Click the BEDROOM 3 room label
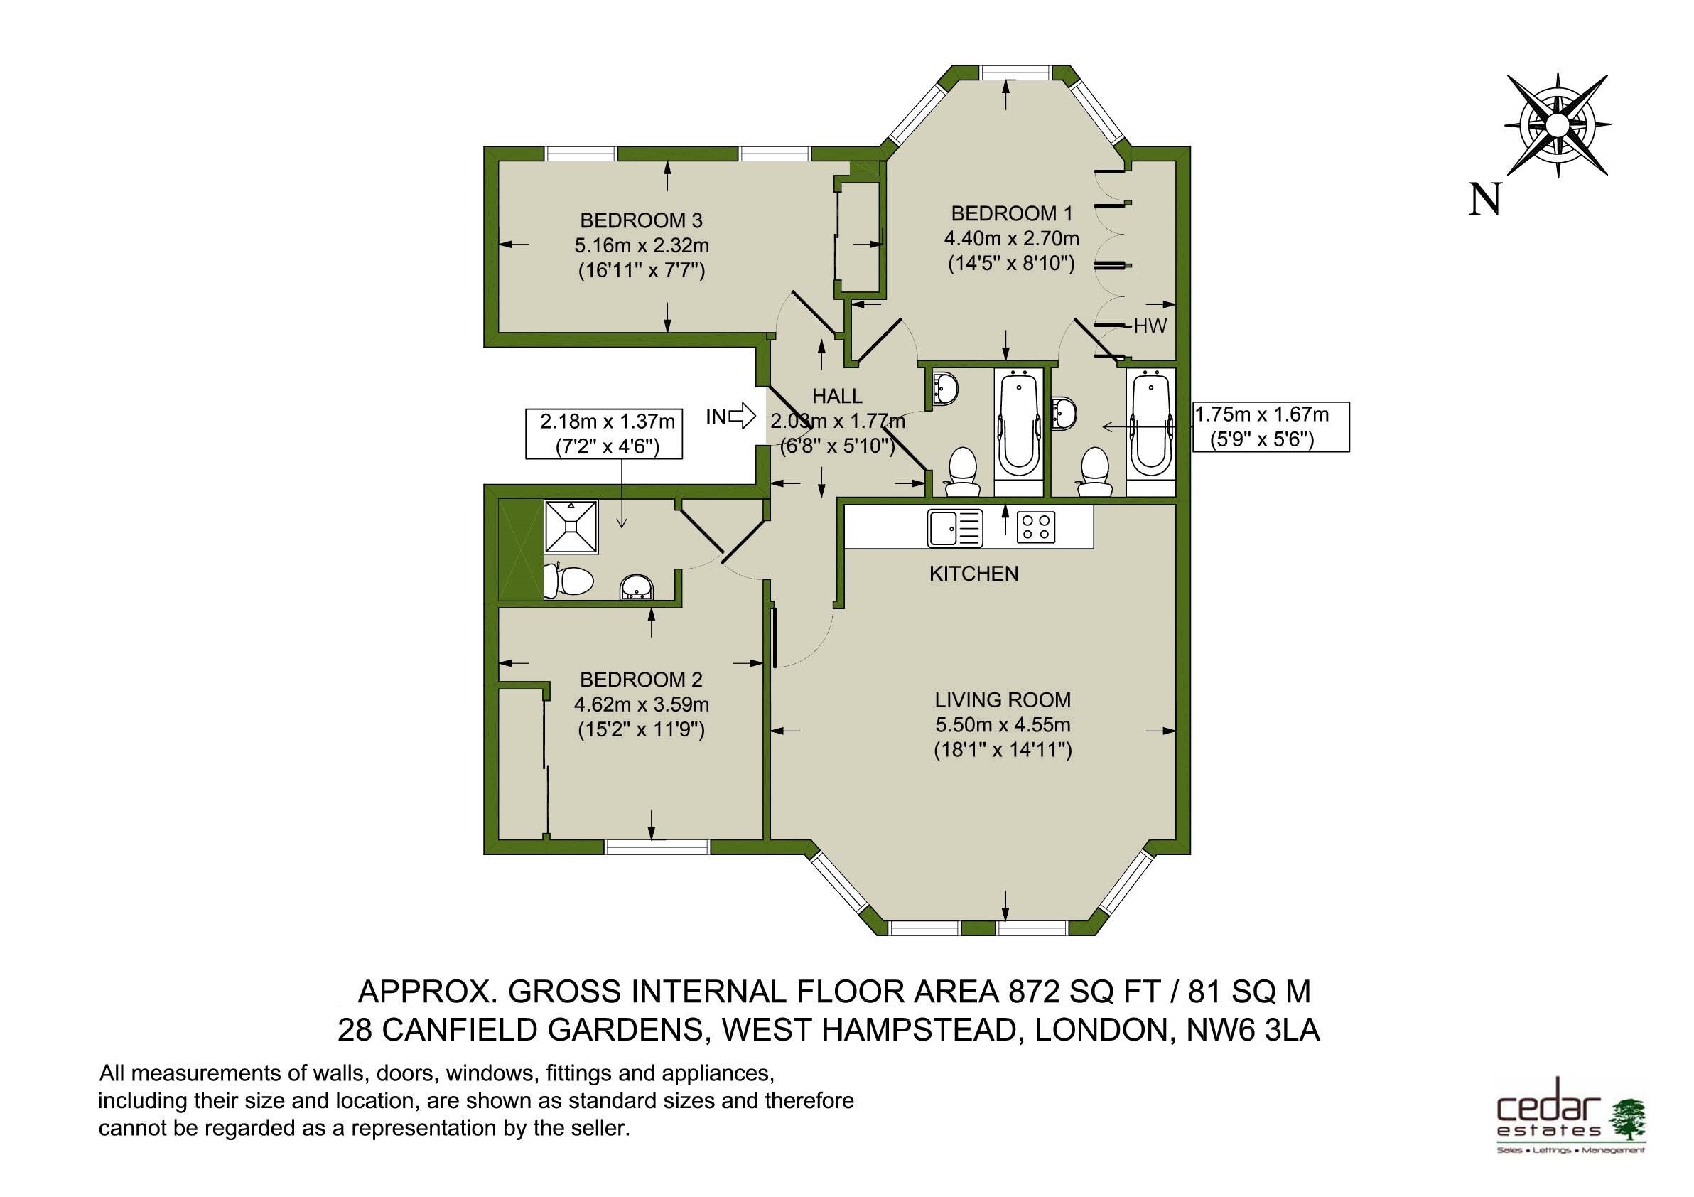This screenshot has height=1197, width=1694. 640,220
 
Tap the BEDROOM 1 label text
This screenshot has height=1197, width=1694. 1011,213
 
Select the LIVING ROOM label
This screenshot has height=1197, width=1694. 1003,699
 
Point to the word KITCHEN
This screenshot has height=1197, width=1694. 973,574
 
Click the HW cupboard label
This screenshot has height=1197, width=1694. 1150,326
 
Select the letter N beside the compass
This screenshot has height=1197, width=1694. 1484,199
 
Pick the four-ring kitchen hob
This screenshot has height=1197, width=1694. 1036,527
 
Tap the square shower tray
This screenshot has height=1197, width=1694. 571,525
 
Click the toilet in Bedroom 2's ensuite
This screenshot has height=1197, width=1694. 568,581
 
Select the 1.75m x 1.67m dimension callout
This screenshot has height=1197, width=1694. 1271,426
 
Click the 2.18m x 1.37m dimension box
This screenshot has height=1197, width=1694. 603,433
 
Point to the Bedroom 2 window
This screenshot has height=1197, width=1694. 657,847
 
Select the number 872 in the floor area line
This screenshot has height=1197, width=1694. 1031,992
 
